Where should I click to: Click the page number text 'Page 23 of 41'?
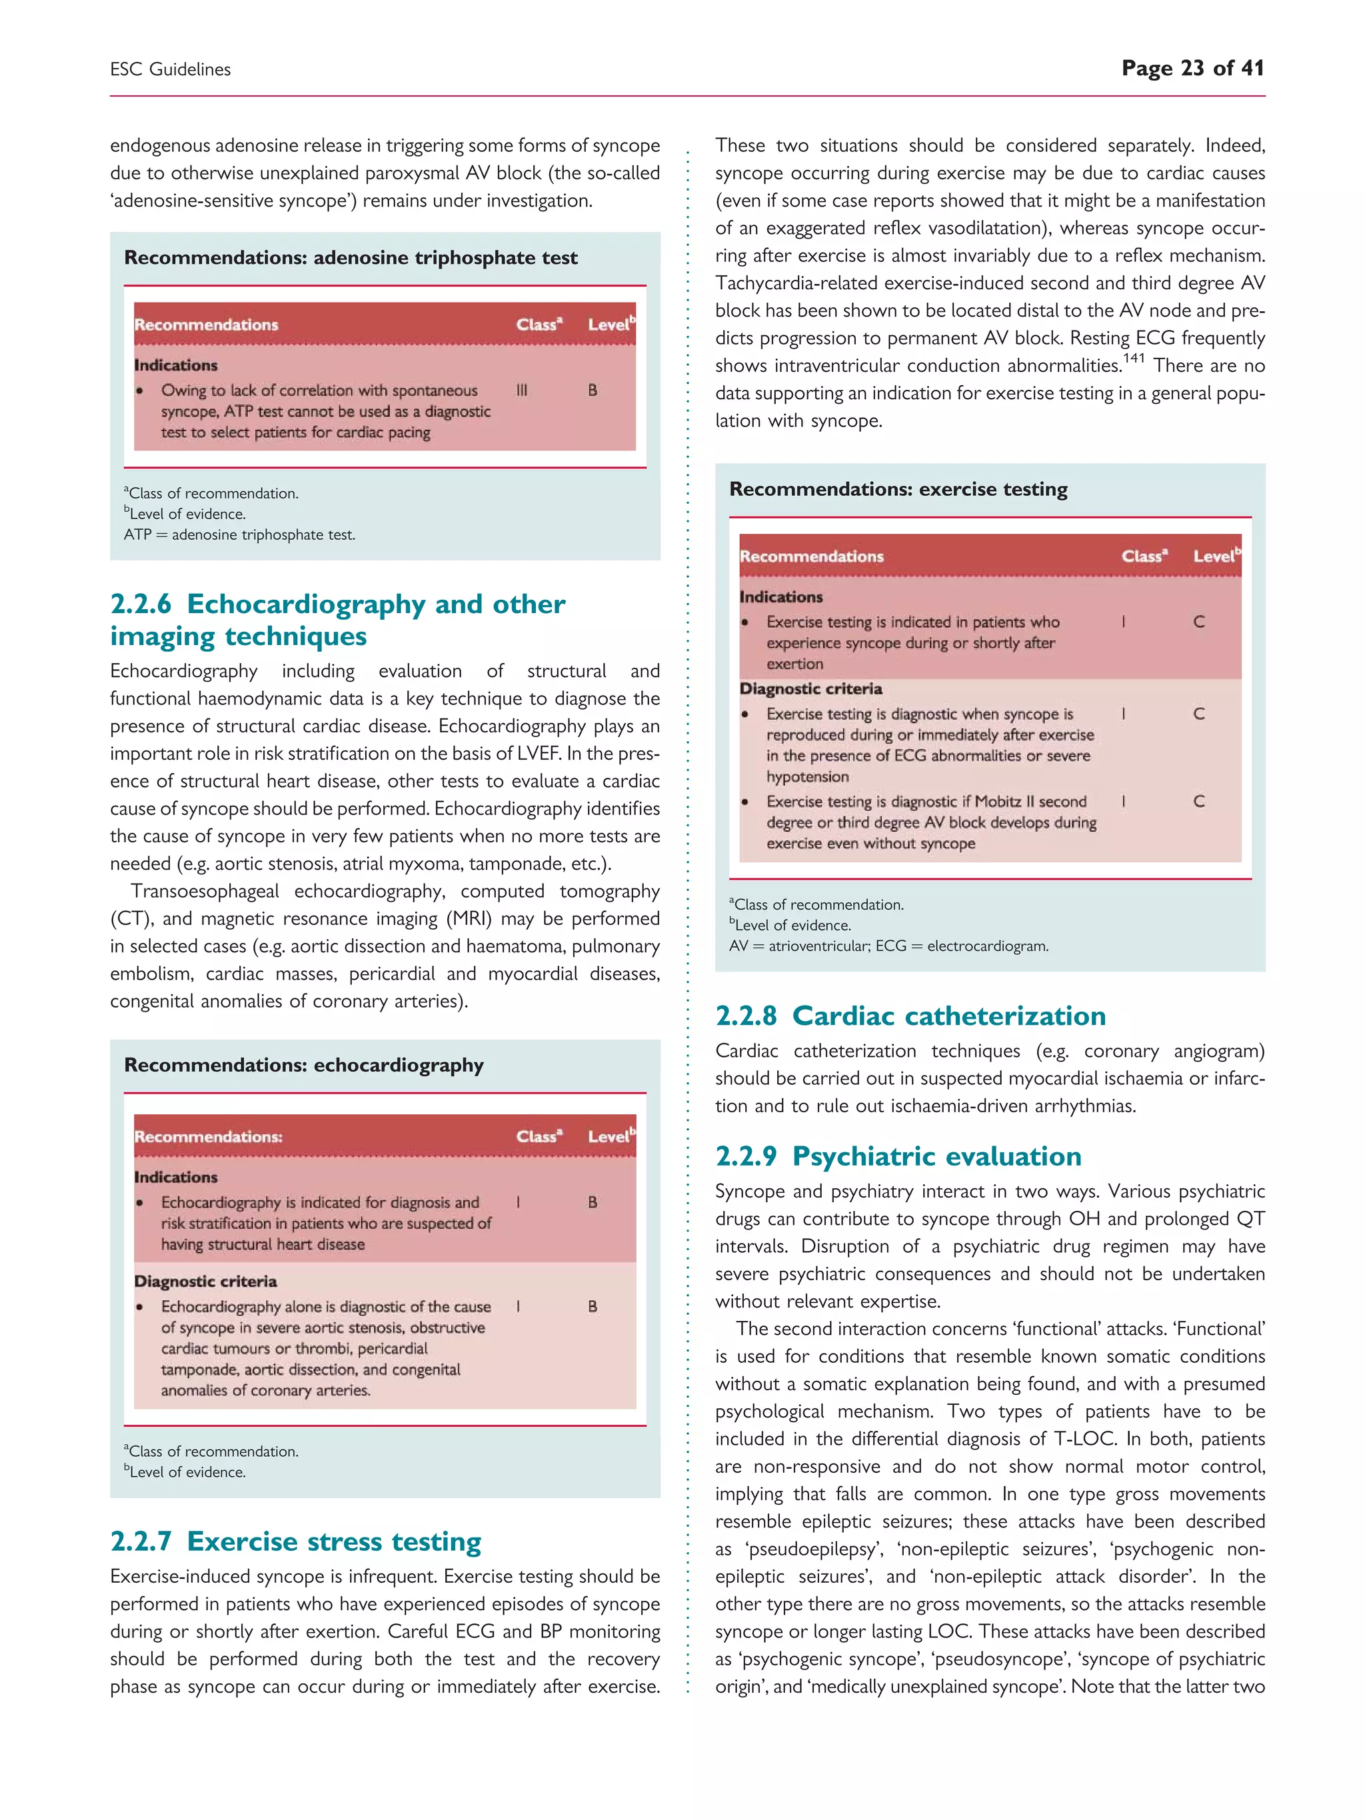pos(1192,68)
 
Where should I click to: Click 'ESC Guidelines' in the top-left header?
pos(171,70)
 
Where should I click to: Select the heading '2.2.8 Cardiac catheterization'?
pos(910,1016)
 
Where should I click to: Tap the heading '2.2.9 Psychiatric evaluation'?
pos(898,1156)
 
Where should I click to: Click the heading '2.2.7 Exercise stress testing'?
pos(295,1541)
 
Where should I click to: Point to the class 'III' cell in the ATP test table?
pos(522,390)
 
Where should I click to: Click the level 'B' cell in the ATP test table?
pos(593,390)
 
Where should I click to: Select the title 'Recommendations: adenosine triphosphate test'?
pos(351,257)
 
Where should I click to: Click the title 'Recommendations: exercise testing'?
pos(898,490)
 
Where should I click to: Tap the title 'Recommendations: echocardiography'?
pos(304,1066)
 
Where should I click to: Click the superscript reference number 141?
pos(1133,358)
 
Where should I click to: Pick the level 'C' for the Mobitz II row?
pos(1199,802)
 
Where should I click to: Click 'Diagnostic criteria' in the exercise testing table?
pos(810,688)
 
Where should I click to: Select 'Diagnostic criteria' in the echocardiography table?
pos(205,1281)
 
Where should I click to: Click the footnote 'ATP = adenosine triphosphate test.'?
pos(239,535)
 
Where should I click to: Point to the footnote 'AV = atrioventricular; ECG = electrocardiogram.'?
pos(888,946)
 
